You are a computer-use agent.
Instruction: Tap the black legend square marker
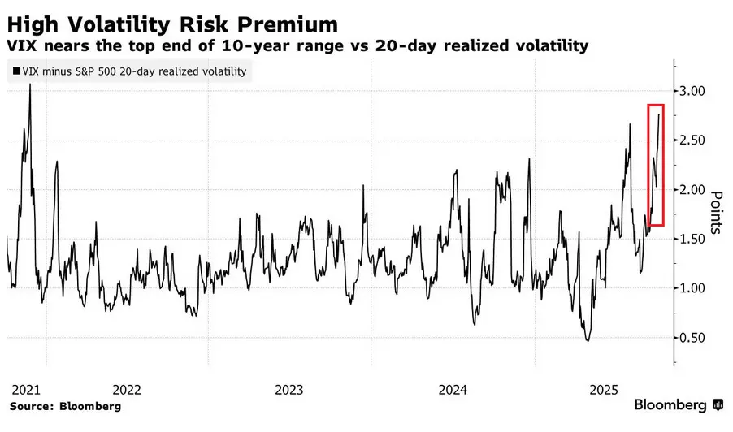18,72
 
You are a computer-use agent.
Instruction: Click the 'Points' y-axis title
717,213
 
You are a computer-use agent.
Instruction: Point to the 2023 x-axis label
290,389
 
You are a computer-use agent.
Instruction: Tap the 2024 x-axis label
453,389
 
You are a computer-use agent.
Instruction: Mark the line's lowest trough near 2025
588,340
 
